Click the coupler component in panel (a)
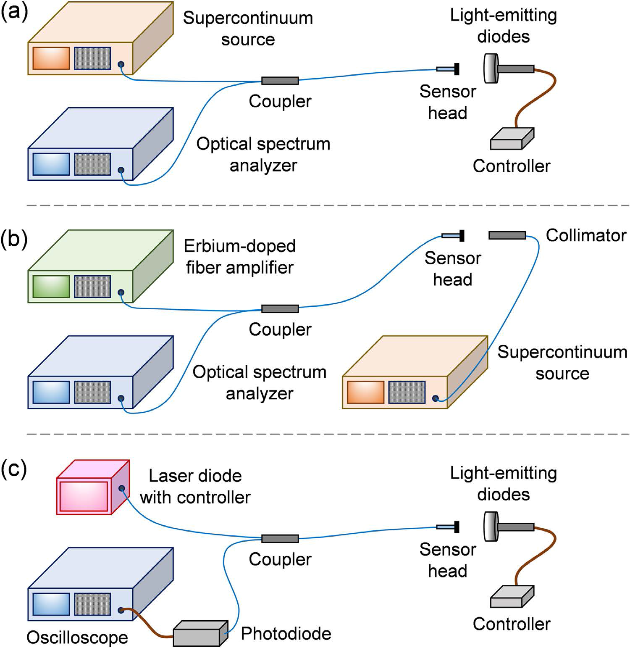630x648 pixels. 280,80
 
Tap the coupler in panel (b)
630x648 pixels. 280,309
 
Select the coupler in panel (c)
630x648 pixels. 280,538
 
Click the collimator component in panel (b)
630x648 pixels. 507,235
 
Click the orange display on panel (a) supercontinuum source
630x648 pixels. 51,58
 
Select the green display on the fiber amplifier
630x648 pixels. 51,286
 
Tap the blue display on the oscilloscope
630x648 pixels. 51,604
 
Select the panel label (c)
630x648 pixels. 14,470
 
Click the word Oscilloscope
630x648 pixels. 77,637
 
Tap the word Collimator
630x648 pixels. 586,235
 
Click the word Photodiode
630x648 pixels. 286,633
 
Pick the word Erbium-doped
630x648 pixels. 239,246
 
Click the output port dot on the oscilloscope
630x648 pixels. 121,610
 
